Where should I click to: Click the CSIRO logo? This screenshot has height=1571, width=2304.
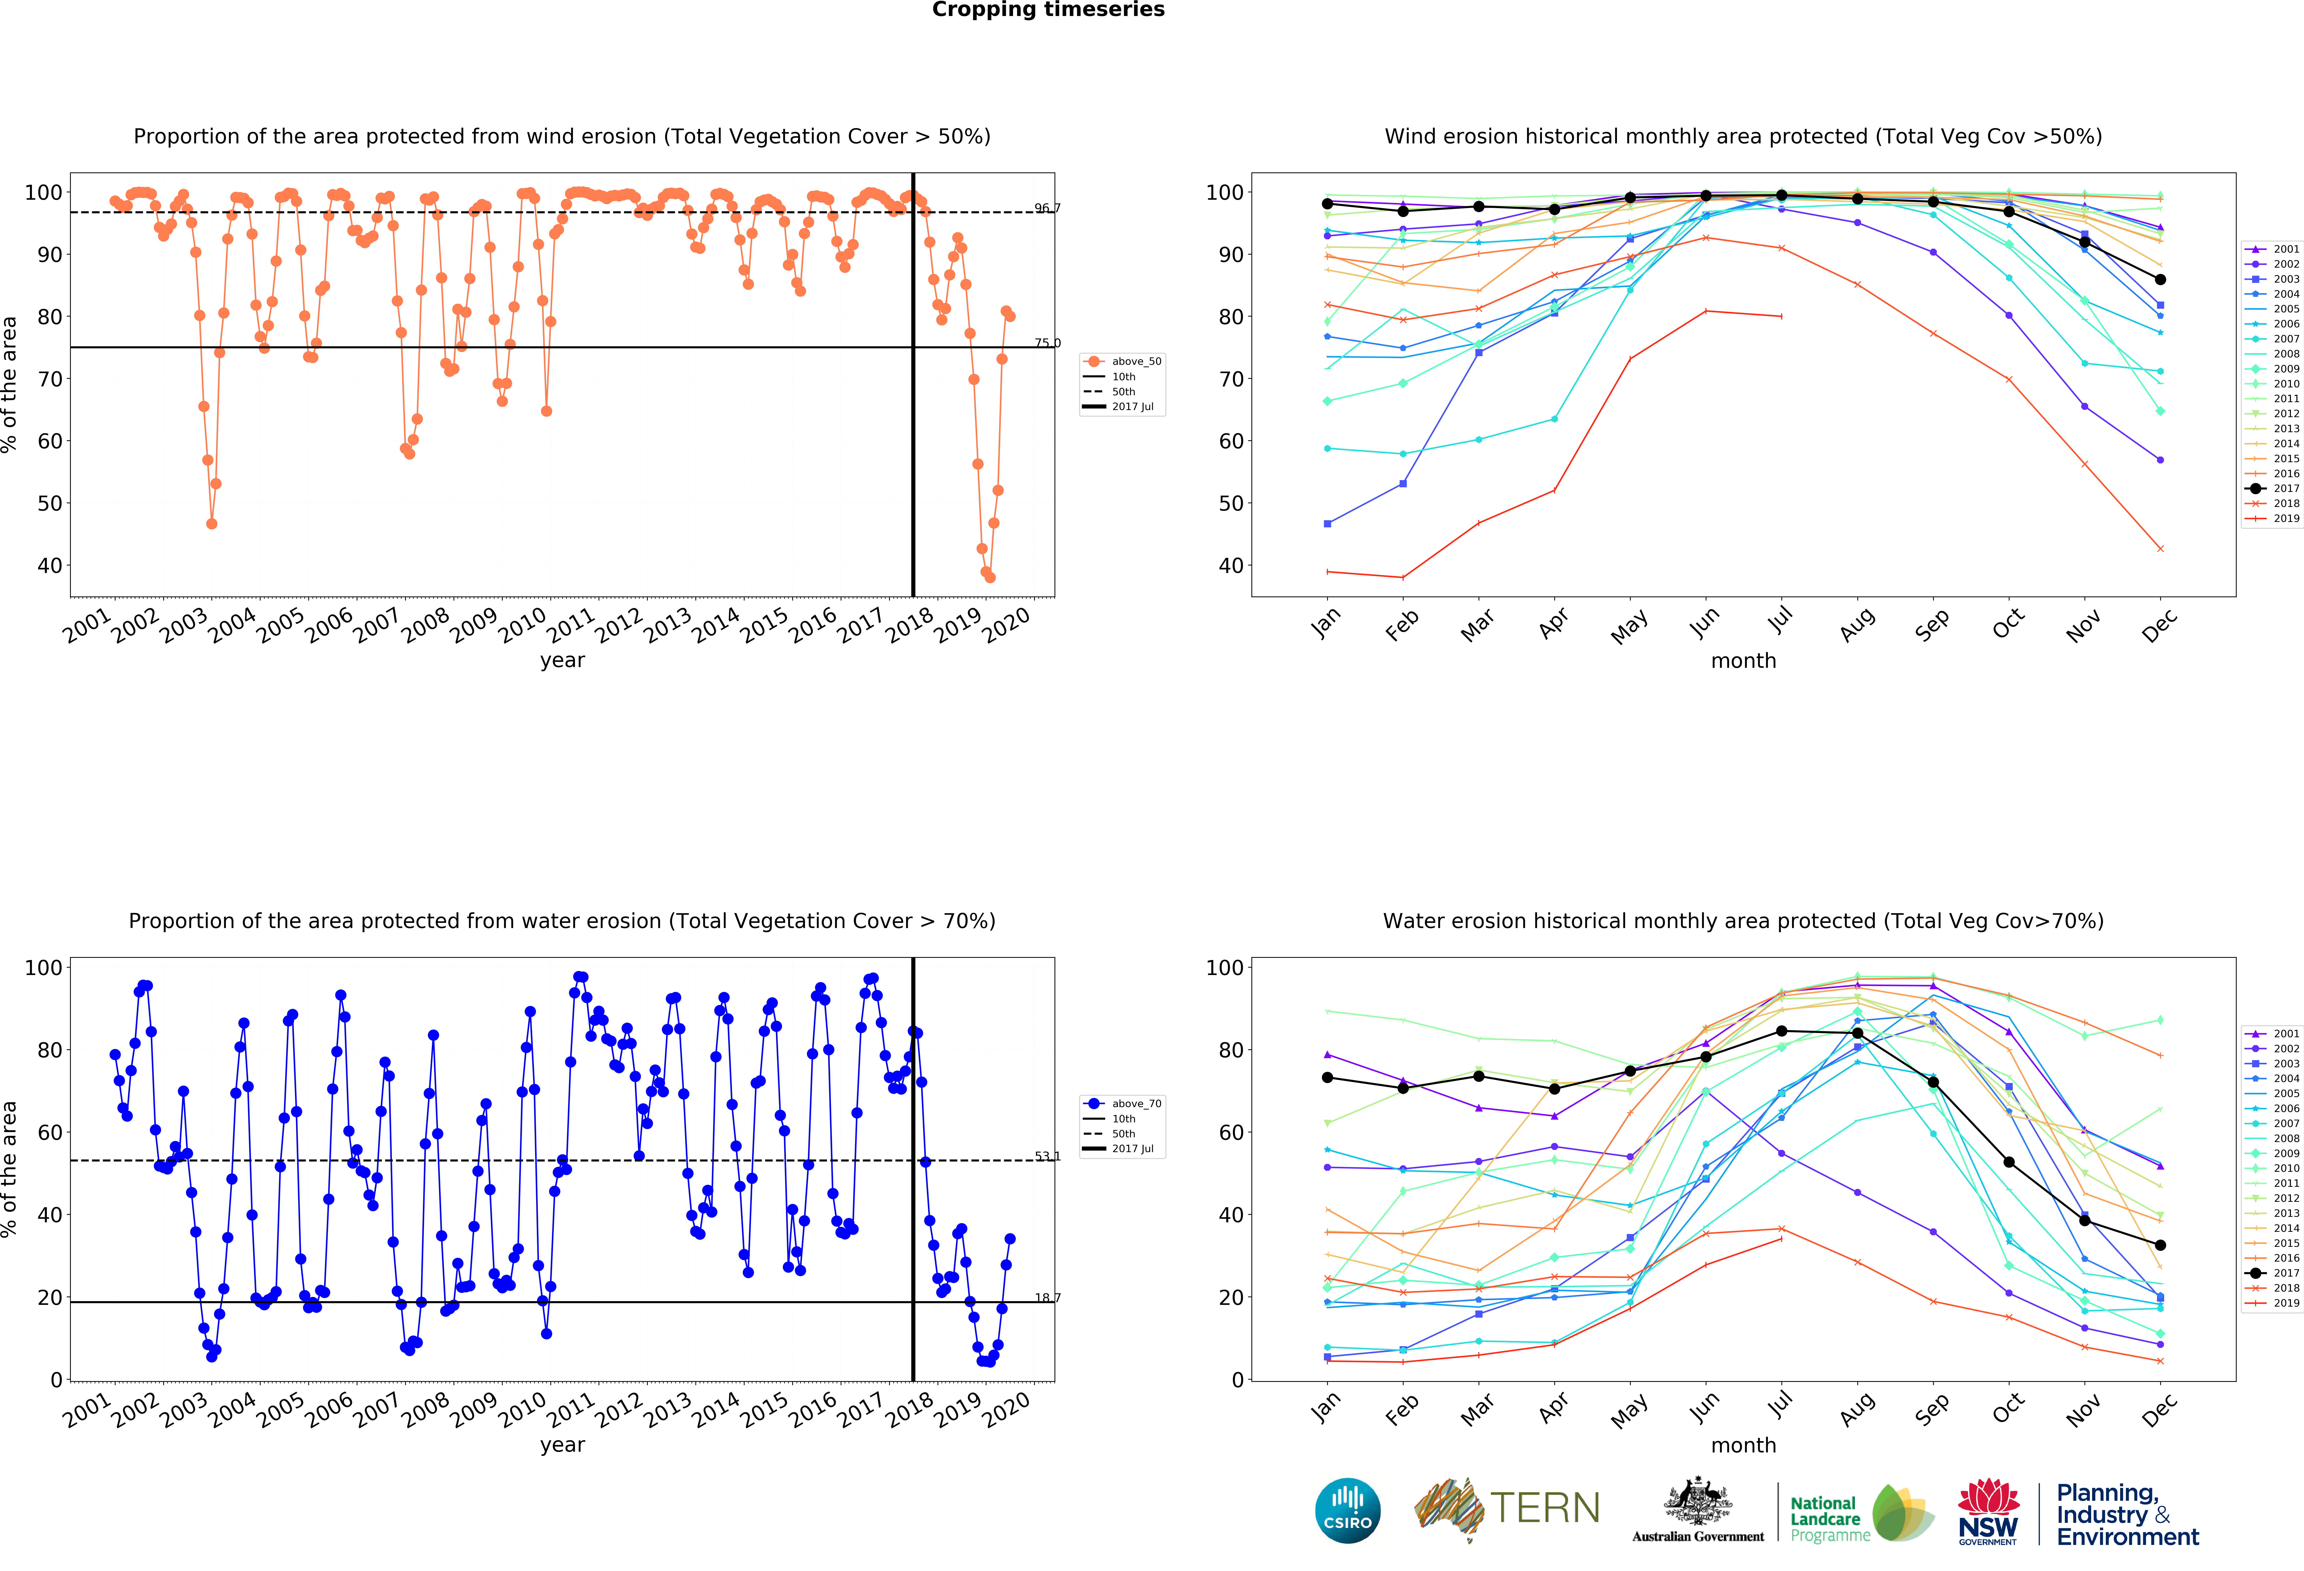point(1347,1510)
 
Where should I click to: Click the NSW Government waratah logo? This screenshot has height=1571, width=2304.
point(1988,1510)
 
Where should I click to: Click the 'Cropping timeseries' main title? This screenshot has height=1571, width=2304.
point(1048,10)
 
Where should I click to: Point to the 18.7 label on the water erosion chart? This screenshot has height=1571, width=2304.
point(1047,1297)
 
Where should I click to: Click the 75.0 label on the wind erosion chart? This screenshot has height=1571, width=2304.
point(1047,343)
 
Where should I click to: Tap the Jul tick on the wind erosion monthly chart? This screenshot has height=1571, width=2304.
point(1781,621)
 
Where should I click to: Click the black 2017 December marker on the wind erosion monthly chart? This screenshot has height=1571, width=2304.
point(2160,280)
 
